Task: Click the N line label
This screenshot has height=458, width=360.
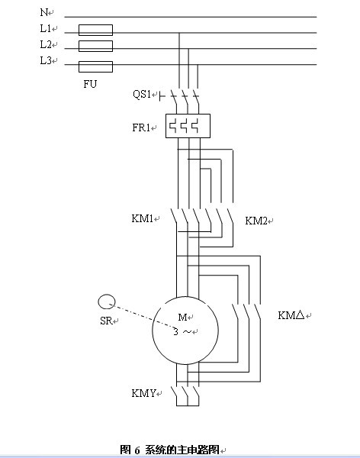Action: (x=44, y=12)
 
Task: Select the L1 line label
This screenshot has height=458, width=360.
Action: (x=46, y=28)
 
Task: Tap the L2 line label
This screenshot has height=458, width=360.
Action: (x=46, y=44)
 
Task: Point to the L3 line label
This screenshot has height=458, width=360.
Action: (x=46, y=60)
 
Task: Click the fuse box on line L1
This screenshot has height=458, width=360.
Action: (x=95, y=30)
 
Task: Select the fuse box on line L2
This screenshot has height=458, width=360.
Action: (x=95, y=46)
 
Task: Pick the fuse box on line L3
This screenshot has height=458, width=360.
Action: (x=95, y=66)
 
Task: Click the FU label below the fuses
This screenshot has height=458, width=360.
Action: (x=90, y=84)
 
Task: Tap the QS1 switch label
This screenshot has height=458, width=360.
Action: (x=142, y=94)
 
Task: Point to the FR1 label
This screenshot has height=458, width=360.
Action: (x=141, y=127)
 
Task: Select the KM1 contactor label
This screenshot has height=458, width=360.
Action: (x=142, y=218)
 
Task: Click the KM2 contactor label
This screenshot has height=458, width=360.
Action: (x=256, y=221)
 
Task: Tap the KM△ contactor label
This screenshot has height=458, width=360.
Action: (x=291, y=315)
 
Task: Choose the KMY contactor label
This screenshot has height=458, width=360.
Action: (x=143, y=393)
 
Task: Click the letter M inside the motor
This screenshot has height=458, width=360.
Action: (x=182, y=317)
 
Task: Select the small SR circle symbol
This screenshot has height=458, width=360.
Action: (x=107, y=302)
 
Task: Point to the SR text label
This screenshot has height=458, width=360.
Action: (x=106, y=321)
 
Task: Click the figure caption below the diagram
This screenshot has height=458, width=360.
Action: (x=169, y=450)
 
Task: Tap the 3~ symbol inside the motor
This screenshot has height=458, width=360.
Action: (x=182, y=332)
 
